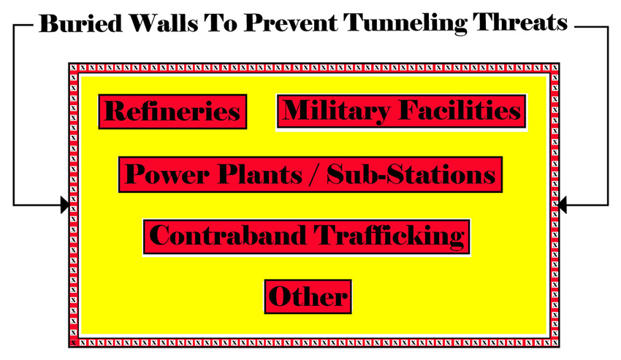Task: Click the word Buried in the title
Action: click(81, 23)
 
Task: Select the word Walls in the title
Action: click(164, 23)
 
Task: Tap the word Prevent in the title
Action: click(290, 23)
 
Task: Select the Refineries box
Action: click(172, 112)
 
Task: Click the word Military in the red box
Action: click(336, 111)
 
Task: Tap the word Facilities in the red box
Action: click(460, 110)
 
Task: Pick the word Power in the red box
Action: click(167, 175)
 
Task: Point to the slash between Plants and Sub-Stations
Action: click(314, 175)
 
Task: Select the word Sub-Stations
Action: click(411, 175)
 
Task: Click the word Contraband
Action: click(228, 236)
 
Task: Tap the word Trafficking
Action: click(389, 237)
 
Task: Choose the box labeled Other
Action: click(308, 297)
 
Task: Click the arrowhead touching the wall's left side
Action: click(65, 204)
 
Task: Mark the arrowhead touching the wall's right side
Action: click(563, 204)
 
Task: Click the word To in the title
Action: click(221, 23)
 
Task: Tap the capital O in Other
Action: click(280, 296)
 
